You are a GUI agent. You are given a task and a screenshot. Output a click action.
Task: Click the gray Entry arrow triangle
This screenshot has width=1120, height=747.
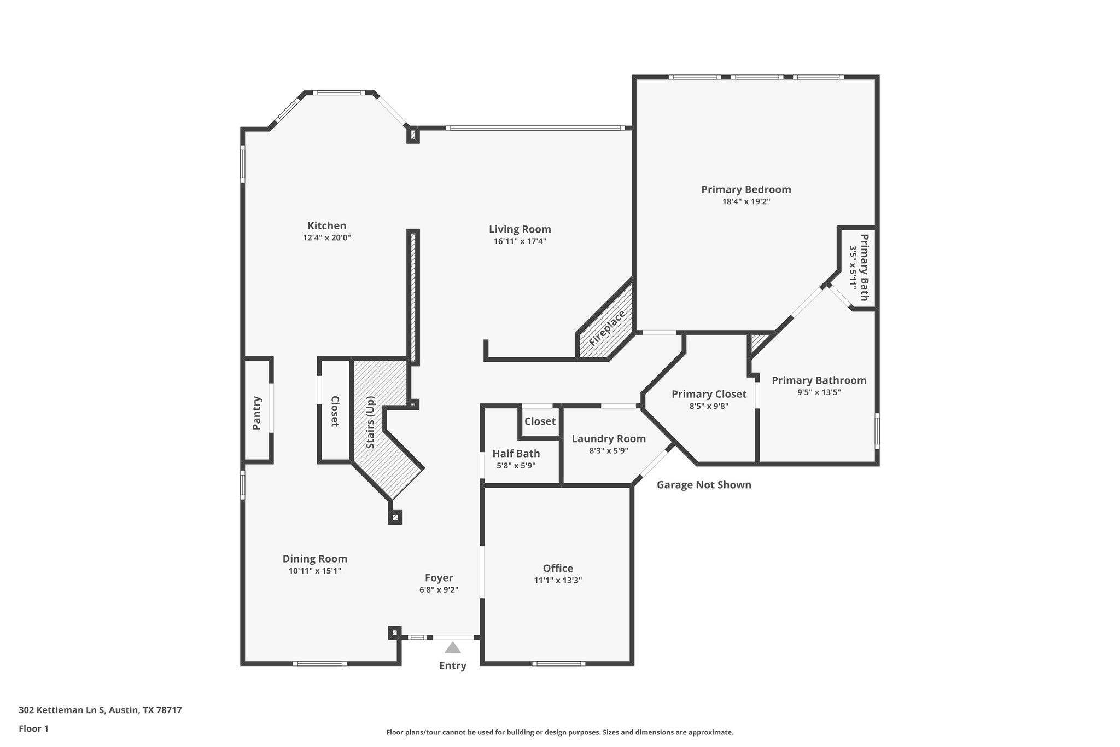tap(452, 648)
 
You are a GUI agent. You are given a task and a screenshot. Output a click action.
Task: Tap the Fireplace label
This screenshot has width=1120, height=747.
tap(607, 328)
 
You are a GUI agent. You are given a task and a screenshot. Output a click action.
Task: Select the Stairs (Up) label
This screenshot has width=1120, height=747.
tap(370, 422)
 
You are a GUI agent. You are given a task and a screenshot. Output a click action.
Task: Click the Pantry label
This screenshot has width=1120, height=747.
tap(256, 413)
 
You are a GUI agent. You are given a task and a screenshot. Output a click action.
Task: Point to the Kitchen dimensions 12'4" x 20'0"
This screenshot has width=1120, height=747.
tap(326, 238)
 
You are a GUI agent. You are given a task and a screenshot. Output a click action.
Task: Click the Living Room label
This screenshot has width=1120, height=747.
tap(520, 229)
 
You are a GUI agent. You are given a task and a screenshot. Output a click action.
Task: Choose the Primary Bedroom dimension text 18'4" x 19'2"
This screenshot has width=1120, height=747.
tap(746, 201)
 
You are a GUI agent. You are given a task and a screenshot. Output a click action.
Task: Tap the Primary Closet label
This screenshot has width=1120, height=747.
tap(709, 394)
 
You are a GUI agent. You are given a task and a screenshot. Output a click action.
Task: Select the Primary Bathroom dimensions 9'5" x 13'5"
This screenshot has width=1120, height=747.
tap(819, 392)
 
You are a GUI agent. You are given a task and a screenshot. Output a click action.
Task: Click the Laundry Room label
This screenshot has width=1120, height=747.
tap(609, 439)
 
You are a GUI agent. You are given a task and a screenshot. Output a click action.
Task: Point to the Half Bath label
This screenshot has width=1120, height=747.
tap(516, 454)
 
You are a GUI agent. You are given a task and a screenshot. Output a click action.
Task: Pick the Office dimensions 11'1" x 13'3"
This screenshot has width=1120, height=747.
tap(558, 581)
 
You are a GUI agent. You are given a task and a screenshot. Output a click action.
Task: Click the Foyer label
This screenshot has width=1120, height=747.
tap(439, 578)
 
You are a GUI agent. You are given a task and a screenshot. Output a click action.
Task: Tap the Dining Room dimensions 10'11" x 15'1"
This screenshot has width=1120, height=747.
tap(315, 571)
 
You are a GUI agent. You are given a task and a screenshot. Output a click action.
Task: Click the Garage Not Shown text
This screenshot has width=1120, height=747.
tap(704, 485)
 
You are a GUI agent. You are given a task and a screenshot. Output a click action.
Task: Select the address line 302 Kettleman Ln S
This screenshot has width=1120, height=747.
tap(100, 710)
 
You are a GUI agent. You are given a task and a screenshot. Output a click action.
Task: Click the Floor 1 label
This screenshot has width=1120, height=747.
tap(33, 728)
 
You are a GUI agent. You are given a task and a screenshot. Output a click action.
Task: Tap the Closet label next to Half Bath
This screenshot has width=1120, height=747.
tap(540, 421)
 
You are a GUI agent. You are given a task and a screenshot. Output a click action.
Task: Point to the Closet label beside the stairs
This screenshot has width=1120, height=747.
tap(335, 411)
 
